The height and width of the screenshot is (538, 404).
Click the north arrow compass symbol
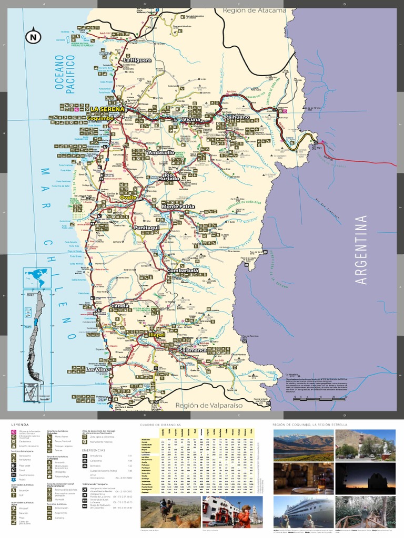pyautogui.click(x=34, y=36)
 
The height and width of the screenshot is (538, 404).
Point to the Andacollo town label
pyautogui.click(x=161, y=152)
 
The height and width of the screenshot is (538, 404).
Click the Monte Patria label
pyautogui.click(x=178, y=206)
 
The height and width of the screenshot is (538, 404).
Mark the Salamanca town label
pyautogui.click(x=193, y=349)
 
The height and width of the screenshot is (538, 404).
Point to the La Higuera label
pyautogui.click(x=137, y=60)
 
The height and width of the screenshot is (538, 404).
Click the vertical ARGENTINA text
pyautogui.click(x=361, y=249)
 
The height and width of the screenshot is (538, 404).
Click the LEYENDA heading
pyautogui.click(x=21, y=424)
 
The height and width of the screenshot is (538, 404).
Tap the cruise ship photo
pyautogui.click(x=303, y=513)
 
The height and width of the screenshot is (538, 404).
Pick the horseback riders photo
pyautogui.click(x=169, y=512)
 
